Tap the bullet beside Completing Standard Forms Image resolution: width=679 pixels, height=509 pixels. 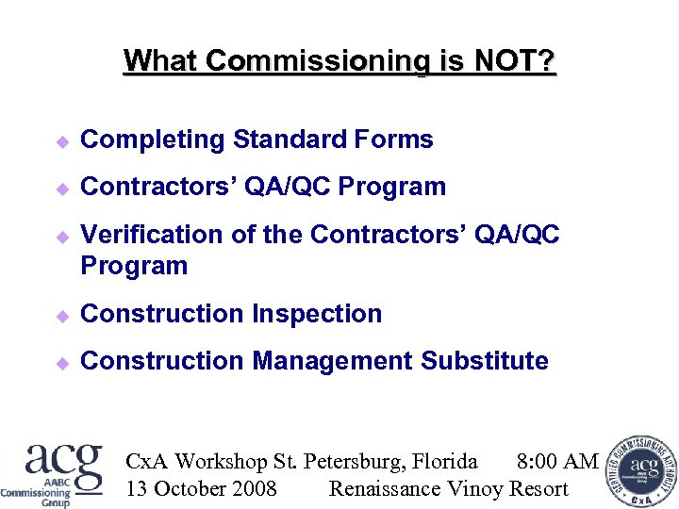(x=62, y=141)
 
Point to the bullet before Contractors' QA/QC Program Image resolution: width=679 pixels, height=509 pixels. (x=62, y=189)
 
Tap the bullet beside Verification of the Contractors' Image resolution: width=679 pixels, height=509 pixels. (x=62, y=236)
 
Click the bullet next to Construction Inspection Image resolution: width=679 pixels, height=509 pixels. (x=62, y=315)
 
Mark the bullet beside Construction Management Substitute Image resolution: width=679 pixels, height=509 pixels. (x=62, y=362)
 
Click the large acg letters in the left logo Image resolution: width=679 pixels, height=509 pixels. (x=64, y=462)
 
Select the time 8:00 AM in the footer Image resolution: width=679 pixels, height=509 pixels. (x=557, y=461)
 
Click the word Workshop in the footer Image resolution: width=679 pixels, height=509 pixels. (x=222, y=461)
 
